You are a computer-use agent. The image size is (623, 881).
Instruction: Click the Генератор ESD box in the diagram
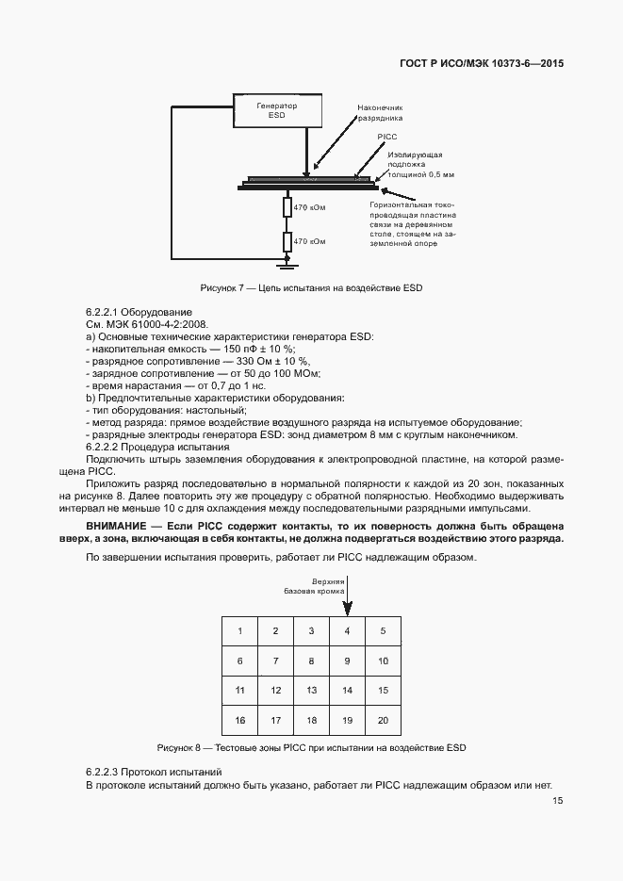coord(277,111)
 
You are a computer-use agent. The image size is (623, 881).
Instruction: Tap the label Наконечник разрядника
coord(380,114)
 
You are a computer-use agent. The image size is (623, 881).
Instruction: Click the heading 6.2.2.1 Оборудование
coord(139,312)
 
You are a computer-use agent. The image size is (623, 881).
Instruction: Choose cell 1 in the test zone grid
coord(239,630)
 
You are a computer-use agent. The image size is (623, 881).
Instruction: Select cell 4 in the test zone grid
coord(347,630)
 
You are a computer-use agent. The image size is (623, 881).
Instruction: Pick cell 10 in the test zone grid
coord(383,661)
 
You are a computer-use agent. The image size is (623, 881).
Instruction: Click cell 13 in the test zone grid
coord(311,691)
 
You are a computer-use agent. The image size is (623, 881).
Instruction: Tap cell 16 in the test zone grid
coord(239,721)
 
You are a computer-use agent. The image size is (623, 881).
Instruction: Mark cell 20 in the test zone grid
coord(383,721)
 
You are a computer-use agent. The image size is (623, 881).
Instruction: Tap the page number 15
coord(558,800)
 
